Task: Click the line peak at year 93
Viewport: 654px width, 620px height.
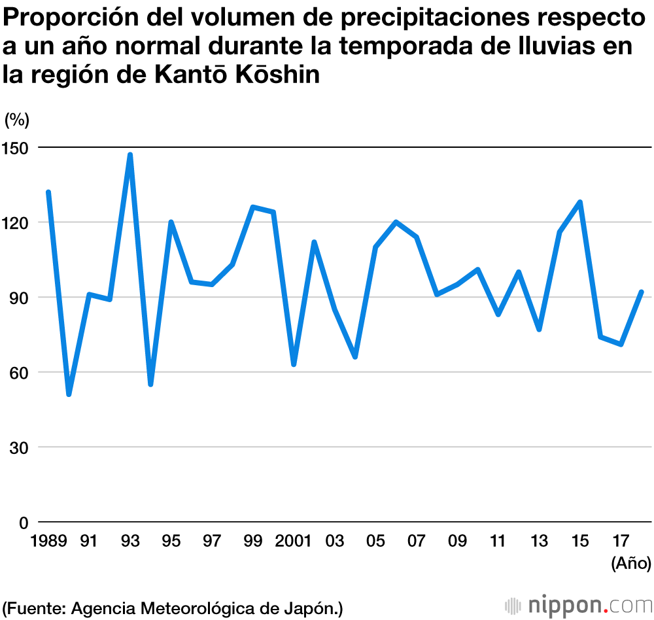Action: click(130, 155)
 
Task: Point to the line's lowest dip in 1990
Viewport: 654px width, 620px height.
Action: click(69, 394)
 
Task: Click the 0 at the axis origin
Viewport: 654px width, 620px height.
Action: click(24, 523)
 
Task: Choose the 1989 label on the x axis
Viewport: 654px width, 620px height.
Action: click(48, 542)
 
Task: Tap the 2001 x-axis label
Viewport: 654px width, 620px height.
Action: click(294, 542)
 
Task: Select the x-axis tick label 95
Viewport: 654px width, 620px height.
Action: click(171, 542)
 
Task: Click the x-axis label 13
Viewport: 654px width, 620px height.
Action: click(539, 542)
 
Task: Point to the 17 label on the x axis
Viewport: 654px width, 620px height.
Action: click(621, 542)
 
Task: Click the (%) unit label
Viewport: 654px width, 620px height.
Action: click(17, 120)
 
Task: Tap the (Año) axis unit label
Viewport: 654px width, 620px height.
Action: click(630, 562)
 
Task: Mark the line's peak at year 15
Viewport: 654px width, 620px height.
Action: click(579, 202)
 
